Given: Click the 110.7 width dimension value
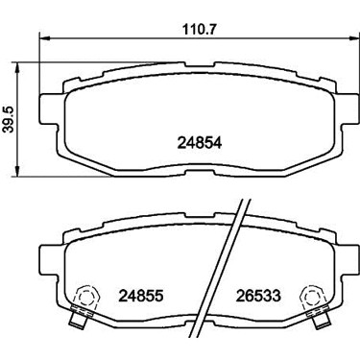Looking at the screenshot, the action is click(200, 30).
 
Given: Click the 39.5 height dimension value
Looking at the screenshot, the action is click(9, 120).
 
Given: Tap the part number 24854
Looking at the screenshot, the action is click(200, 143).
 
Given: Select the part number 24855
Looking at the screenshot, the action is click(141, 296).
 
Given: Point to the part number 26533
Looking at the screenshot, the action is click(258, 296).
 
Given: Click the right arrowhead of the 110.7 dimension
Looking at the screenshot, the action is click(353, 38).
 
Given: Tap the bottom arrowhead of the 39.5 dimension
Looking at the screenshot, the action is click(18, 170).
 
